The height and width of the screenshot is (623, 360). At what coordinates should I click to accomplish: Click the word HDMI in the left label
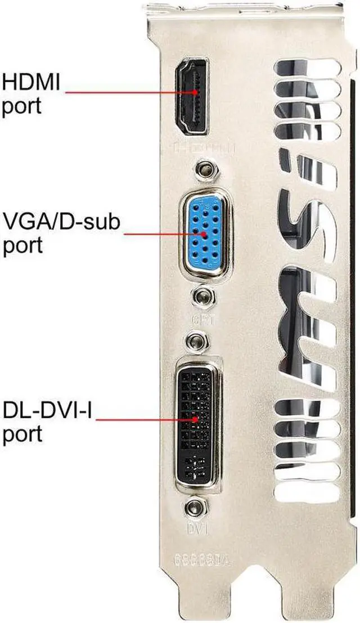coord(33,83)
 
